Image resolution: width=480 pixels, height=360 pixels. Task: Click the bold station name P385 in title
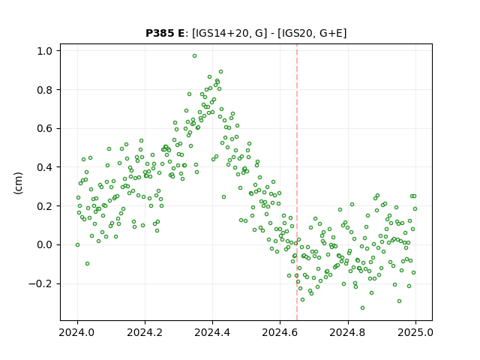[x=160, y=33]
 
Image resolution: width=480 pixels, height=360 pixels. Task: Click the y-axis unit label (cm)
[x=18, y=183]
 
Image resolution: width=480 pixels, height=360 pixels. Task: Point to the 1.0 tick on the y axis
[x=44, y=51]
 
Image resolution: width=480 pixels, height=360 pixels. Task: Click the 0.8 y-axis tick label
[x=44, y=90]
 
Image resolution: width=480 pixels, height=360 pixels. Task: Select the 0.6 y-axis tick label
[x=44, y=128]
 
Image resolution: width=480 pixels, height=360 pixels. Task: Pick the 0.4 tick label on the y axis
[x=44, y=167]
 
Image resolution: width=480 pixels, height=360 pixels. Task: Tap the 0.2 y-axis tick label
[x=44, y=206]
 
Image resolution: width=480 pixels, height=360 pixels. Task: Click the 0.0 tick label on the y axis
[x=44, y=245]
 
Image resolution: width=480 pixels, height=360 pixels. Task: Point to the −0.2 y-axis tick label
[x=40, y=283]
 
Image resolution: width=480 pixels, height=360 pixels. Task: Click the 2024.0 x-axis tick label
[x=77, y=332]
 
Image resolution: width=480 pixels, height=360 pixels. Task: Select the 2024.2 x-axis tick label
[x=145, y=332]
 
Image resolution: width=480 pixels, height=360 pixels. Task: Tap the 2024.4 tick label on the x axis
[x=212, y=332]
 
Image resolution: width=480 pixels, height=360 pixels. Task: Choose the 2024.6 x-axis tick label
[x=280, y=332]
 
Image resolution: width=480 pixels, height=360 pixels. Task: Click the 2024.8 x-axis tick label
[x=347, y=332]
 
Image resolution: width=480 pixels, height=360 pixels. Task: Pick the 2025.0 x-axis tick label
[x=415, y=332]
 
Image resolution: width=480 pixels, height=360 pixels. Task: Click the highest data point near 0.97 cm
[x=194, y=56]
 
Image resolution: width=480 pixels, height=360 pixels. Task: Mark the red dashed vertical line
[x=297, y=182]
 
